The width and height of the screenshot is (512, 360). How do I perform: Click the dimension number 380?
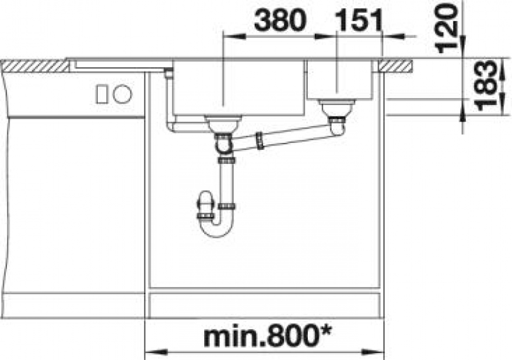[x=280, y=20]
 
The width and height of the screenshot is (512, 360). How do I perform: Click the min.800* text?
[x=267, y=337]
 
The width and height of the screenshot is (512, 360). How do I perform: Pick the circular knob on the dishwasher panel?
[x=122, y=94]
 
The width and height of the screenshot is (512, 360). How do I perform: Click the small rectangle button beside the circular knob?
[x=101, y=94]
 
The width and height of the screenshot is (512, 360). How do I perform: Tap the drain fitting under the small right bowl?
[x=337, y=108]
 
